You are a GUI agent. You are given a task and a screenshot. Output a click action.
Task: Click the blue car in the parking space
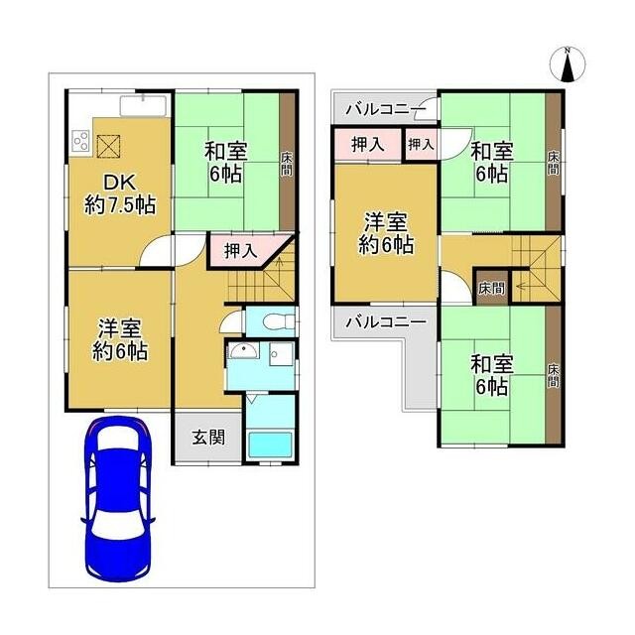118,499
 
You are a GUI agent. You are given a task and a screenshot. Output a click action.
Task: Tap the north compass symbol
568,64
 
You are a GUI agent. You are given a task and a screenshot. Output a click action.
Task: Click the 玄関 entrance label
208,437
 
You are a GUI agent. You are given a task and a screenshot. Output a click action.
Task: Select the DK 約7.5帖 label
120,194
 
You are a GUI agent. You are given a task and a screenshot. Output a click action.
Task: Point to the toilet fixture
279,321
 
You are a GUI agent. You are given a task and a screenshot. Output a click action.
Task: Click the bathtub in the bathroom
270,445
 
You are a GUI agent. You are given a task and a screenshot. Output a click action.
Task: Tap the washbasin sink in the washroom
244,351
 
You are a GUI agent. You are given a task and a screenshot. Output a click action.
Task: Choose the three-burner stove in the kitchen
80,141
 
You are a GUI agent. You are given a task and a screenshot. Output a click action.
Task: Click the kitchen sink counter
143,106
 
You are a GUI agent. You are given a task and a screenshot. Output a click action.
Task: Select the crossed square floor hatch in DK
109,146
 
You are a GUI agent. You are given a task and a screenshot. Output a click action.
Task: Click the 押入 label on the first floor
240,251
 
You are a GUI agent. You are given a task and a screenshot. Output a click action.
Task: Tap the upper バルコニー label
386,109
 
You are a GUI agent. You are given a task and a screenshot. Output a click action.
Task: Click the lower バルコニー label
386,322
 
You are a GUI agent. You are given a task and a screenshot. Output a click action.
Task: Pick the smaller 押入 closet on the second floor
422,145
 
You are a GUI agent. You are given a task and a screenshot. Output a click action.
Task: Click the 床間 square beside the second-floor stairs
491,288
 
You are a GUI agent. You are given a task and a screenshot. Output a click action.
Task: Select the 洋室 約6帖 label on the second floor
386,234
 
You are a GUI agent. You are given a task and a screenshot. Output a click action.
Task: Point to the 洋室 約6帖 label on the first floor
120,340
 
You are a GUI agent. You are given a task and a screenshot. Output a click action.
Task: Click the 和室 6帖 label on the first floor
225,163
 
